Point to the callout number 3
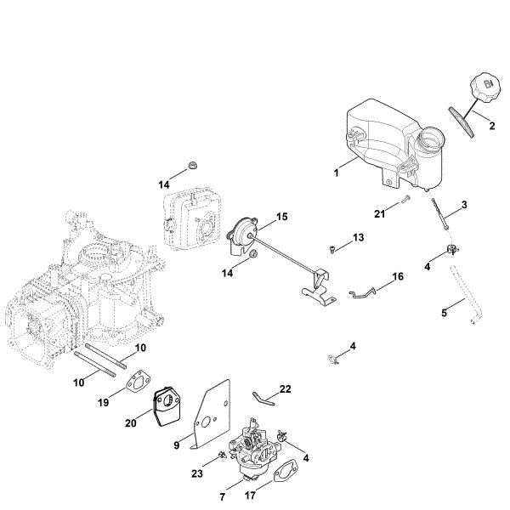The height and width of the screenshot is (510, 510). click(x=464, y=204)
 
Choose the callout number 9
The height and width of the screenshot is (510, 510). click(x=176, y=442)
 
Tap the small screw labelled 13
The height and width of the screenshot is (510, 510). click(x=334, y=248)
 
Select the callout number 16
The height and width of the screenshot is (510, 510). click(x=397, y=277)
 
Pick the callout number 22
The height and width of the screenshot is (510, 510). click(x=286, y=388)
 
